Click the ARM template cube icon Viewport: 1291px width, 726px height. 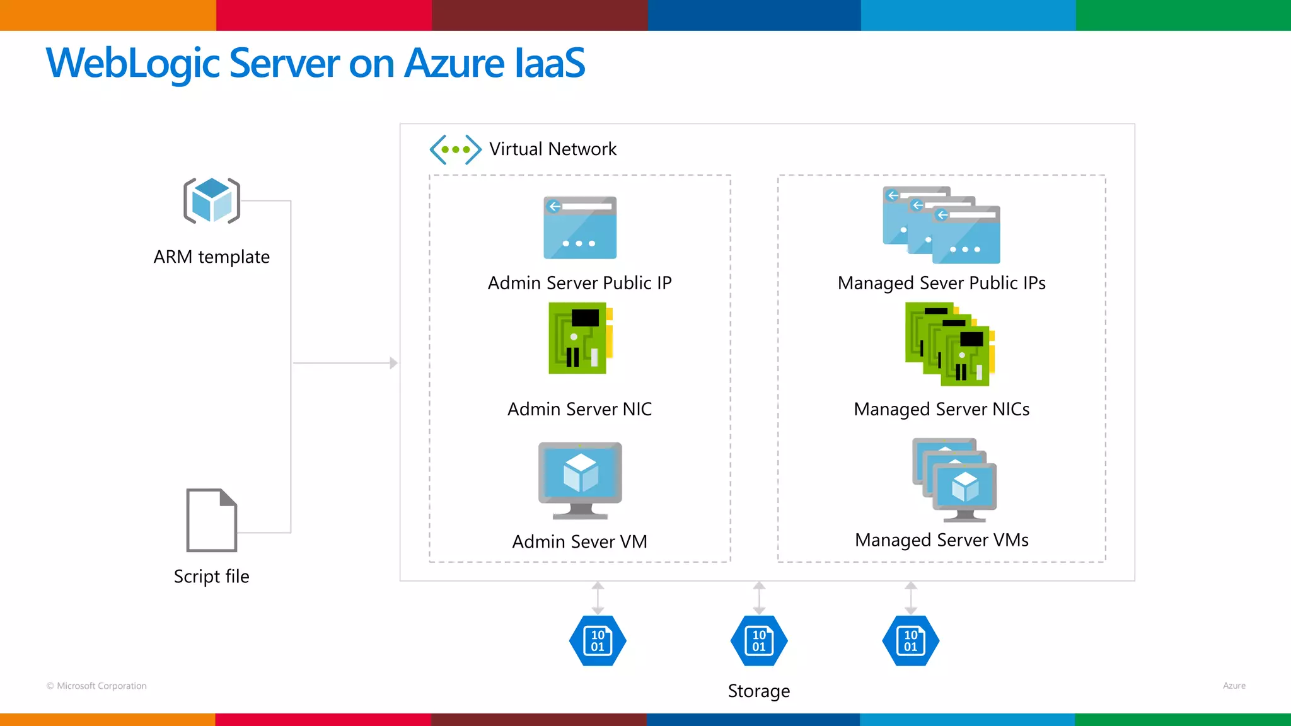(x=212, y=200)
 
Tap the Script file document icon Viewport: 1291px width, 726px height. (x=212, y=520)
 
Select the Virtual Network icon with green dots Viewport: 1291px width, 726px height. (x=455, y=149)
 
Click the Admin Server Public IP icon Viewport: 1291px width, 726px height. (x=580, y=228)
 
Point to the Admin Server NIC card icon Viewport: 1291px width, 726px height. (x=580, y=338)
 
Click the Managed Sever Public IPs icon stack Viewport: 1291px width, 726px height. (x=941, y=225)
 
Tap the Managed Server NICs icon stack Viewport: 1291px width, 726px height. (x=949, y=344)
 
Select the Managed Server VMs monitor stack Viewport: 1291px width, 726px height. (x=954, y=480)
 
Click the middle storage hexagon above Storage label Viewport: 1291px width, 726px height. (x=759, y=641)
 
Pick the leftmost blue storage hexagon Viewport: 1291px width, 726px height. (x=598, y=641)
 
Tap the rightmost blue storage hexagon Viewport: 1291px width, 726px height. (x=911, y=641)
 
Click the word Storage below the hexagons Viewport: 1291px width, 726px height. (x=759, y=691)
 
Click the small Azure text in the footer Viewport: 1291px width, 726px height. (x=1234, y=686)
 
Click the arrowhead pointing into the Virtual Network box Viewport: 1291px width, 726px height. (x=394, y=363)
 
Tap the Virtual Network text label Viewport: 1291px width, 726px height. (x=553, y=149)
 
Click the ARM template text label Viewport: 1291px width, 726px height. (x=212, y=257)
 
